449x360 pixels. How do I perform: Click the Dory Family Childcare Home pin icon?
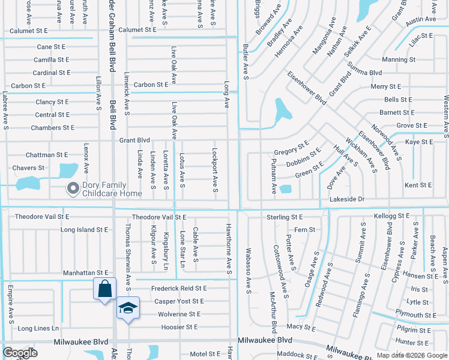(x=73, y=189)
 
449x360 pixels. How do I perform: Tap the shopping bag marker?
(x=104, y=289)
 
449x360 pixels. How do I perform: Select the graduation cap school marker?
(x=128, y=308)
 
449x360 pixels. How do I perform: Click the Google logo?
(x=20, y=353)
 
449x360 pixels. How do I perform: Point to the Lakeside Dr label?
(x=347, y=199)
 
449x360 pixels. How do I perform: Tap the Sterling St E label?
(x=285, y=217)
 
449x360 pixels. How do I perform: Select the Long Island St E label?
(x=84, y=230)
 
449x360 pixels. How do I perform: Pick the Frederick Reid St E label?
(x=179, y=289)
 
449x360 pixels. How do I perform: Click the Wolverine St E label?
(x=179, y=314)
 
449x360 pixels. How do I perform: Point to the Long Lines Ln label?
(x=38, y=328)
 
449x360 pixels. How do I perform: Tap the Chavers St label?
(x=28, y=168)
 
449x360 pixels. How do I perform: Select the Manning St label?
(x=399, y=60)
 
